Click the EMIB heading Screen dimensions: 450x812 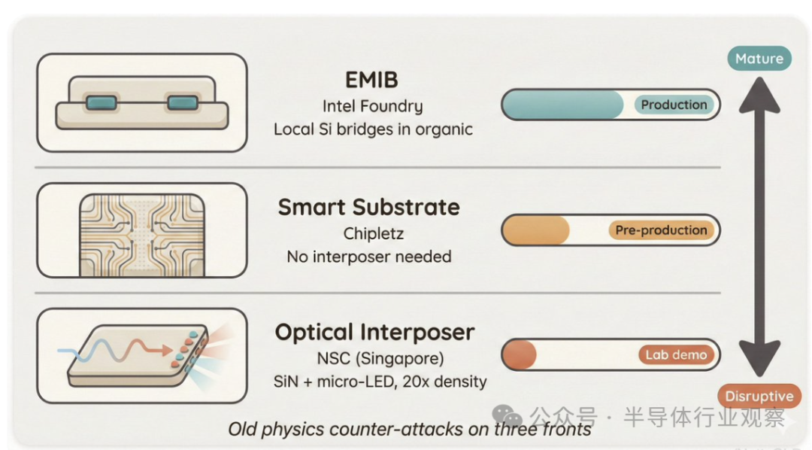point(372,81)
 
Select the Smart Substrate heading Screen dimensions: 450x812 point(369,207)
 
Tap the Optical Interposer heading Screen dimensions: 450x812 point(374,332)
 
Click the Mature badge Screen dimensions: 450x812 point(759,59)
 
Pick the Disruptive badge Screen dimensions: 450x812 point(759,396)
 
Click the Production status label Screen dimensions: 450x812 point(674,105)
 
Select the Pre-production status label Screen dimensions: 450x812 point(661,230)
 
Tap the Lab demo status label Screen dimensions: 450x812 point(675,355)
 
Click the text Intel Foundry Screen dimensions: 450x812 point(372,106)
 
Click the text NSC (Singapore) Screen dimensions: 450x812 point(374,357)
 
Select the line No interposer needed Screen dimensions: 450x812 point(369,257)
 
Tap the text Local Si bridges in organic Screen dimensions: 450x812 point(373,129)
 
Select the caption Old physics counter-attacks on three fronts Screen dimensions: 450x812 point(410,430)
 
